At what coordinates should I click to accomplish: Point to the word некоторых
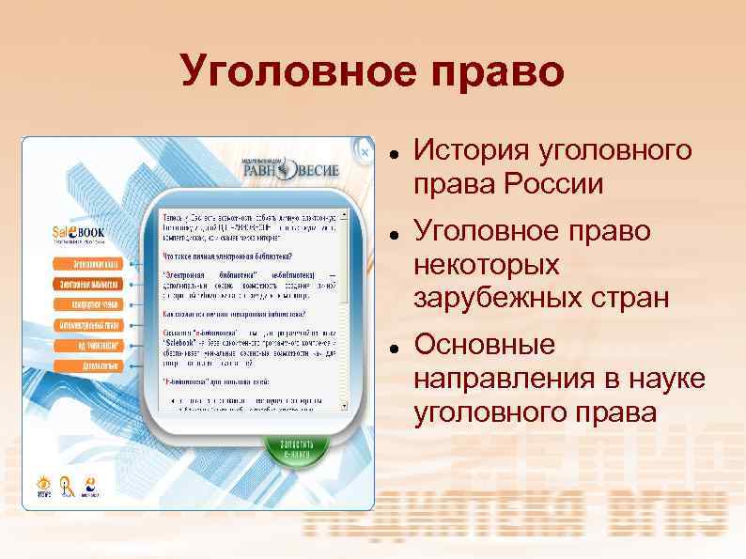486,265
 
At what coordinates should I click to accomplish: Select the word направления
500,379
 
